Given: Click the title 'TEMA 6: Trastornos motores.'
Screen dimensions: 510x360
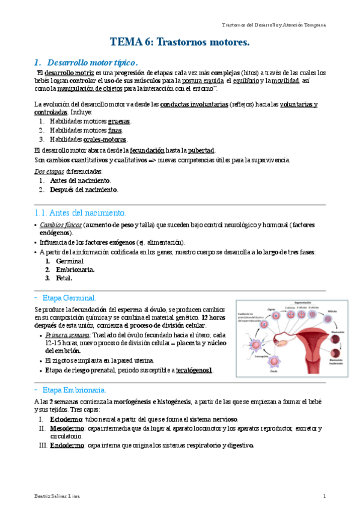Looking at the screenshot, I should [x=180, y=42].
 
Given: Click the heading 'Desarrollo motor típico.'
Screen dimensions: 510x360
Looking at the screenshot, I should [x=93, y=62].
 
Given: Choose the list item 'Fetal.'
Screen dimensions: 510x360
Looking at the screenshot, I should [x=64, y=278].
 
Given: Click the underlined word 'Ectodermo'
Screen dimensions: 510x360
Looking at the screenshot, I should [x=66, y=419].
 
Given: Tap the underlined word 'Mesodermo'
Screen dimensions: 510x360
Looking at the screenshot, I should [x=67, y=428].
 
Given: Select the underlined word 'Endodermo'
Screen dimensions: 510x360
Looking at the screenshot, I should [x=67, y=446].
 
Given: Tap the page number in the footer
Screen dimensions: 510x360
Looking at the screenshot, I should [x=324, y=496].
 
